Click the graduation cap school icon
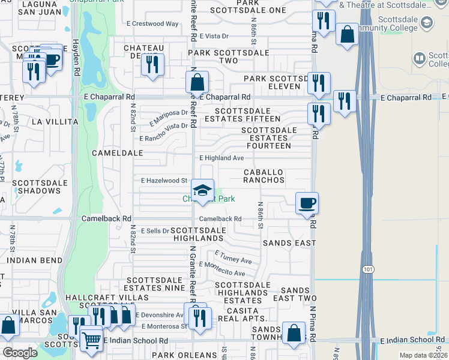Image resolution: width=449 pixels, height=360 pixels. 203,191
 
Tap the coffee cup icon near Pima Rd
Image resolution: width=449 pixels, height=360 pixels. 307,203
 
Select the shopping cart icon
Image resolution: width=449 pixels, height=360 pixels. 91,340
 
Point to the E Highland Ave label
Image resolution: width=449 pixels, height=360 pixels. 221,158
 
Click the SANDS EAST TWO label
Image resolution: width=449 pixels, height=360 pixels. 294,294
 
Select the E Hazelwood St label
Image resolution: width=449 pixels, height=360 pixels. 164,180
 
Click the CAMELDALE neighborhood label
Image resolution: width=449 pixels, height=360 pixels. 117,153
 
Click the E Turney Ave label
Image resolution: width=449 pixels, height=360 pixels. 233,258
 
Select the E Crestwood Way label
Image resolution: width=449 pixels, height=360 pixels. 152,24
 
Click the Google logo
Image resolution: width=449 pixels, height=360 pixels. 20,353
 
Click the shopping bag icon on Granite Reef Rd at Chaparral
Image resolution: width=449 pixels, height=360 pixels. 197,82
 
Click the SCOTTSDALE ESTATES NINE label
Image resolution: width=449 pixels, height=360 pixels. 155,284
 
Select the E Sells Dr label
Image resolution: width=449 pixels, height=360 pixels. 155,230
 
